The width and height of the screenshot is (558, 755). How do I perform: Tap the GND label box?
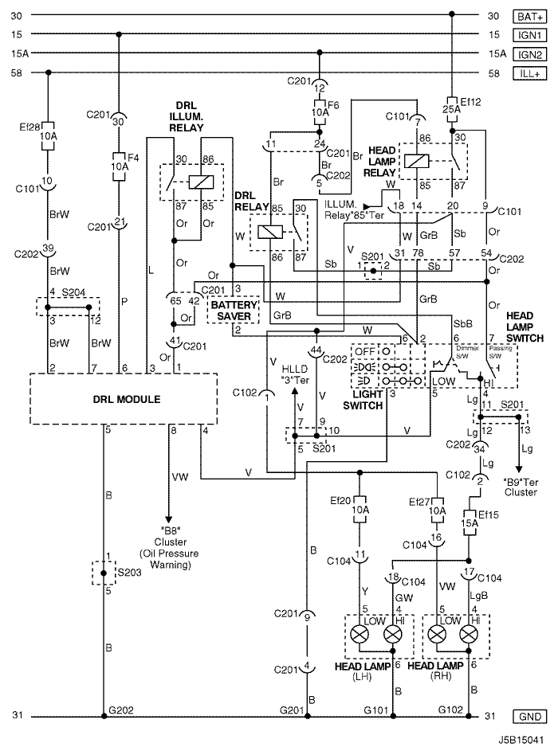pos(529,716)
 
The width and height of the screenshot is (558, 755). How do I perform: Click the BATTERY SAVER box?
pos(234,311)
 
